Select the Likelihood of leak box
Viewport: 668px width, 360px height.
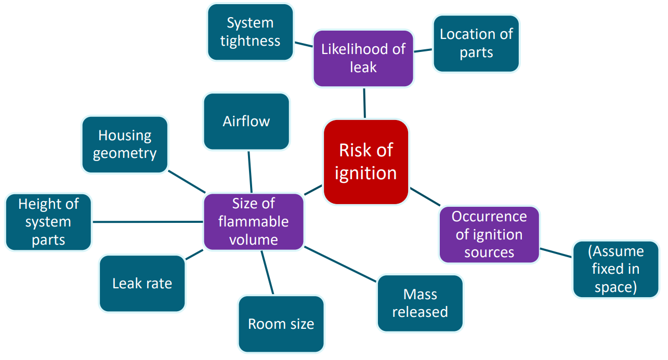coord(363,58)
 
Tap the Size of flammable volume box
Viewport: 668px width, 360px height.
coord(253,222)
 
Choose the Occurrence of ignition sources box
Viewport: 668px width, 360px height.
coord(489,234)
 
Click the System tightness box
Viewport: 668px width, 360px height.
coord(250,32)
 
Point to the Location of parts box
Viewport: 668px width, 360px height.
coord(476,44)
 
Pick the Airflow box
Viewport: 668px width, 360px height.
coord(246,122)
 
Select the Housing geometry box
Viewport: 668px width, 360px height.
coord(125,144)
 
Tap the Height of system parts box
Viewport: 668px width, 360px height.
coord(48,222)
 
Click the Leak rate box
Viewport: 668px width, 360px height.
coord(142,283)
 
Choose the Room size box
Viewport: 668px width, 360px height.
coord(281,324)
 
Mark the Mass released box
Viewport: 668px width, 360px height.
coord(420,303)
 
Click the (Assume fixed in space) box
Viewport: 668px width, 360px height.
coord(615,269)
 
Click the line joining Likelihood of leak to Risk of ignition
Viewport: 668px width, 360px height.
coord(364,103)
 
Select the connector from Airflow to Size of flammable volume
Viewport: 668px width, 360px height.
coord(250,172)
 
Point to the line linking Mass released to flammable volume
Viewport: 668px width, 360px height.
coord(340,264)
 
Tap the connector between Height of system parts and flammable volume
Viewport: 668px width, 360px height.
coord(148,222)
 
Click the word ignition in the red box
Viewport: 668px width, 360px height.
coord(365,172)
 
